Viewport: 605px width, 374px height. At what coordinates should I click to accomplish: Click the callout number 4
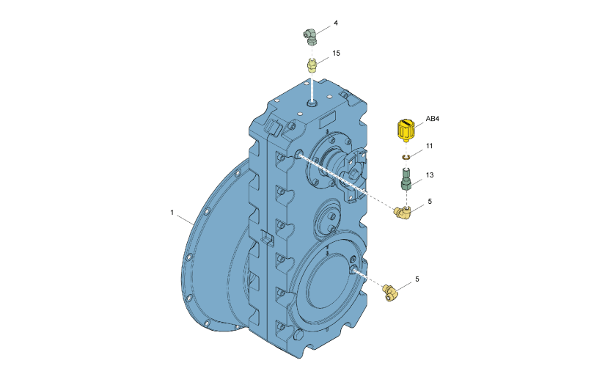coord(336,23)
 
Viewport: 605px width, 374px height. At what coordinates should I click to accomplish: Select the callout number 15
coord(336,54)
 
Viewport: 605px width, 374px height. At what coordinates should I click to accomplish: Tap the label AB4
coord(432,119)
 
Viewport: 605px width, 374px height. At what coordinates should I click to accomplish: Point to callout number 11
coord(429,146)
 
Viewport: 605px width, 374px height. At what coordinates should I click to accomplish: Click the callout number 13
coord(430,175)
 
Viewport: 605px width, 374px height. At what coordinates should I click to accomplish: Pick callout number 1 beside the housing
coord(172,213)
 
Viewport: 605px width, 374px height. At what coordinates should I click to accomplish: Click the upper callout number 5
coord(430,202)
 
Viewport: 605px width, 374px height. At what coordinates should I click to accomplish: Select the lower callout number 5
coord(417,279)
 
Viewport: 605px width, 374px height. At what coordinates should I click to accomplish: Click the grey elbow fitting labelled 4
coord(310,37)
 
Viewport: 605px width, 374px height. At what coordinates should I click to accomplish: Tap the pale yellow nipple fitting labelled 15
coord(312,65)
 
